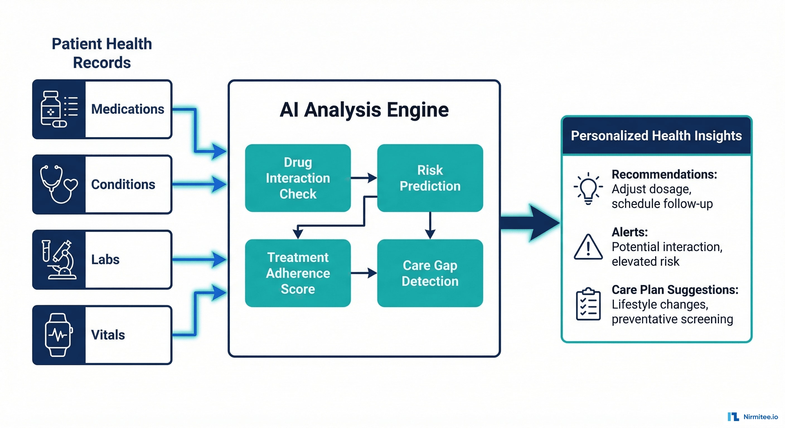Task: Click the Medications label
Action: tap(127, 109)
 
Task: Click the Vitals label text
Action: tap(108, 335)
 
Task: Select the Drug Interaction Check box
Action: tap(298, 178)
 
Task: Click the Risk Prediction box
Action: tap(430, 178)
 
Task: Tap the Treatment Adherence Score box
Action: tap(298, 273)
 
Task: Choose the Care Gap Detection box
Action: tap(430, 273)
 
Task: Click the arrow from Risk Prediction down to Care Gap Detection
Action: tap(430, 225)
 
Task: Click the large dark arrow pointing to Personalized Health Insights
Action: tap(532, 223)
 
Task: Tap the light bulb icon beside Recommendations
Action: tap(588, 188)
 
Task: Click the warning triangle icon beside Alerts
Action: tap(588, 247)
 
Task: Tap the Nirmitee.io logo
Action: tap(753, 416)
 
